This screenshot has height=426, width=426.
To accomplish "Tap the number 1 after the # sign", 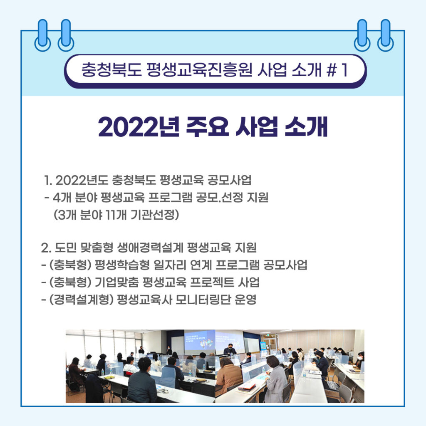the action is [344, 70].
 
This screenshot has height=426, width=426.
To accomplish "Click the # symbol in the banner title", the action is [332, 70].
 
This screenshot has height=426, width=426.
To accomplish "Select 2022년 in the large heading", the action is [139, 126].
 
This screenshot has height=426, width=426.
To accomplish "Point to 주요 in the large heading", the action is [207, 126].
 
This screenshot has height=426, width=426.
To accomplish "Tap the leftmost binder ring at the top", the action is [43, 35].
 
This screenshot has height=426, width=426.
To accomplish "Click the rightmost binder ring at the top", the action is [385, 35].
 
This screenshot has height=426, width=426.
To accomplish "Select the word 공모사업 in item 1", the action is [229, 180].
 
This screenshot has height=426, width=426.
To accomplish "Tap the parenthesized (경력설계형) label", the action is [81, 300].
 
